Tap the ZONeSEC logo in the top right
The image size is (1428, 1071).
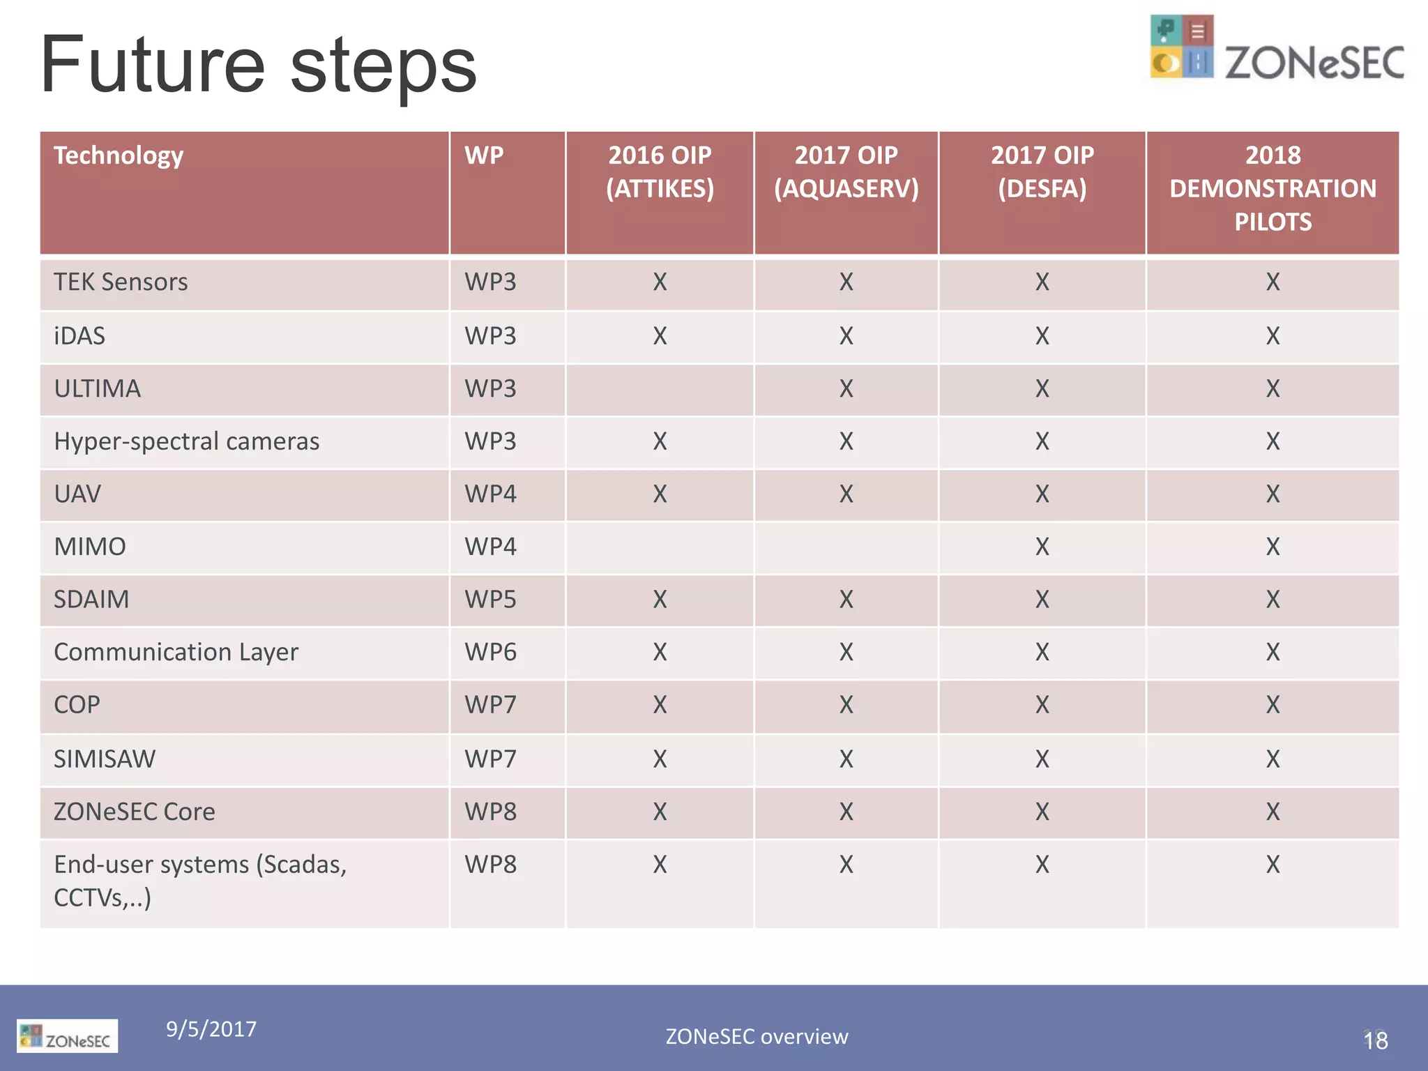click(x=1276, y=49)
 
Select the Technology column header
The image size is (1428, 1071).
click(x=119, y=155)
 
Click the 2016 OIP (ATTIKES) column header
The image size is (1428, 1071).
click(x=660, y=172)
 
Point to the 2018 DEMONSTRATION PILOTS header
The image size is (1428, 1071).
click(x=1273, y=188)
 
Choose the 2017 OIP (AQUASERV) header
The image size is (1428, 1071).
click(x=846, y=172)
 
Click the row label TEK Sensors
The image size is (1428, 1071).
click(x=121, y=282)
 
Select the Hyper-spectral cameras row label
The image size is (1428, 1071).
click(x=186, y=441)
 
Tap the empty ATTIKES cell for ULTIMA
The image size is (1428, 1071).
click(x=660, y=389)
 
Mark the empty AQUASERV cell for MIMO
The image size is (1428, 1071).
click(x=846, y=547)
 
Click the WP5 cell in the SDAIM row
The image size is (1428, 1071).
click(x=490, y=600)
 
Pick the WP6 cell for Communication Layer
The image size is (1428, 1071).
click(x=490, y=653)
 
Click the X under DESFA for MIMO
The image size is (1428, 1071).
click(x=1042, y=547)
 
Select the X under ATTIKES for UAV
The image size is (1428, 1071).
click(x=660, y=494)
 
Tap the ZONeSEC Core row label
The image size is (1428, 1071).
click(x=134, y=812)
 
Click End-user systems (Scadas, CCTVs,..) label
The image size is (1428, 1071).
click(x=199, y=880)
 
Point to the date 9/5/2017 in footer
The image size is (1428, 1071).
click(x=211, y=1029)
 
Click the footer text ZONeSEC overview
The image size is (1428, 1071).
click(x=757, y=1037)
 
